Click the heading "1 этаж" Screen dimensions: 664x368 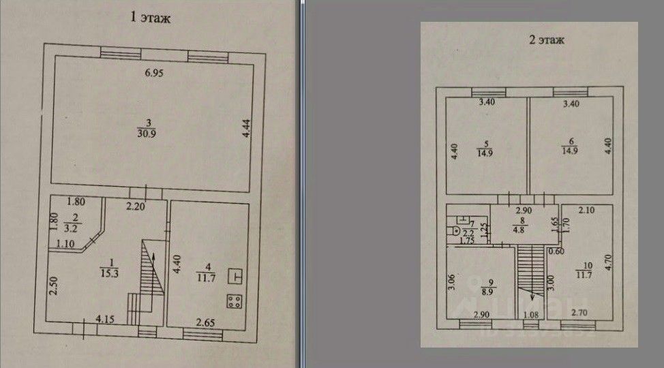(150, 18)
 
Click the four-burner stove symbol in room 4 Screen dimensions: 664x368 (235, 301)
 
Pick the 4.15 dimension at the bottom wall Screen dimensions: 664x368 (105, 318)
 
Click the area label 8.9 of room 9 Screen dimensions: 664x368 (487, 291)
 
